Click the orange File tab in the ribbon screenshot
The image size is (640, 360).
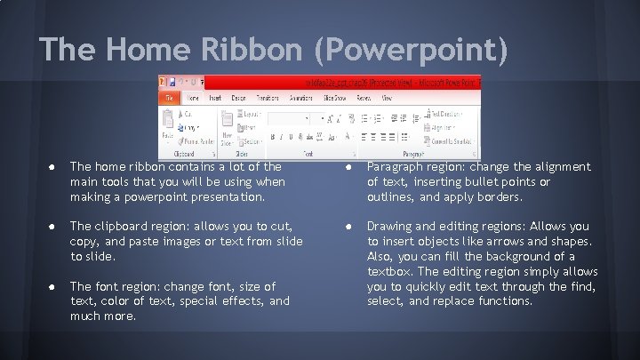click(x=168, y=98)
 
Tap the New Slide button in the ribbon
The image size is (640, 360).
click(x=227, y=129)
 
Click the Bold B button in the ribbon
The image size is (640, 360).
click(x=273, y=137)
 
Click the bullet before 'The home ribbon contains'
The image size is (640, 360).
click(x=55, y=167)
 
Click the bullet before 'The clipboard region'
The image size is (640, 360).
click(x=55, y=227)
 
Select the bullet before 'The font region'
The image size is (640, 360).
click(x=55, y=286)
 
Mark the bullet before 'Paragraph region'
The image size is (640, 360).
click(x=353, y=167)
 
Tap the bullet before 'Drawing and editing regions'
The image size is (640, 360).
click(x=353, y=227)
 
